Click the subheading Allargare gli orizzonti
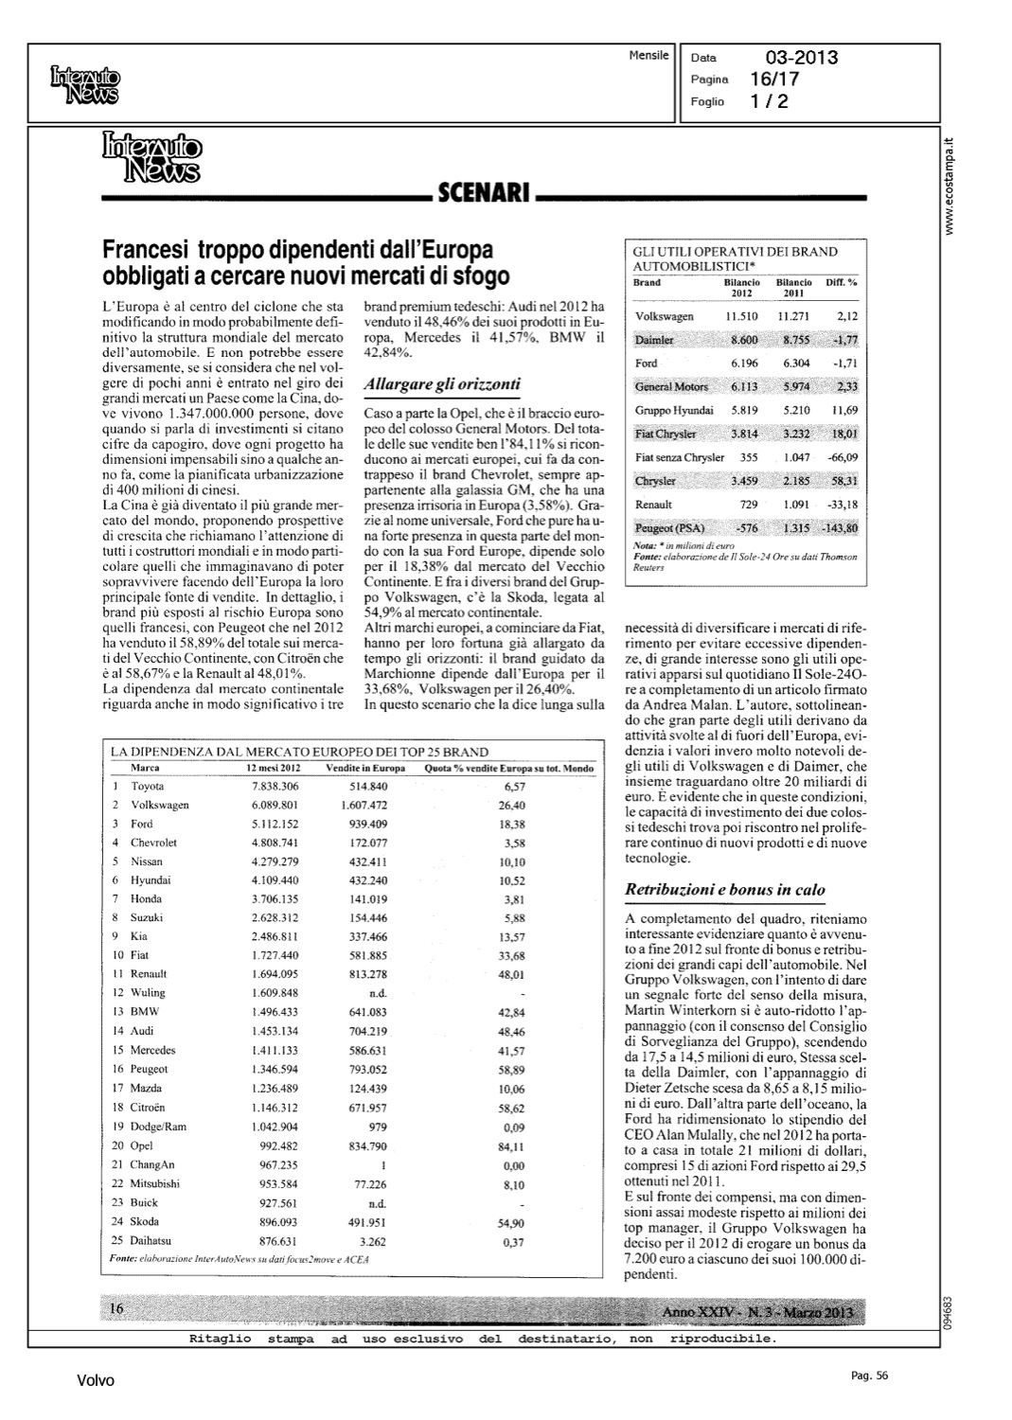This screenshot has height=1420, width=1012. pyautogui.click(x=441, y=384)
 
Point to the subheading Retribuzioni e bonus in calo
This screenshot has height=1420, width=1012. pyautogui.click(x=724, y=890)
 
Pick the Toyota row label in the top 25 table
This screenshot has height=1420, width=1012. pyautogui.click(x=148, y=787)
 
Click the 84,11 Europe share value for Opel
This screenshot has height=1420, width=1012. pyautogui.click(x=511, y=1146)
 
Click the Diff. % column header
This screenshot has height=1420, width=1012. pyautogui.click(x=841, y=282)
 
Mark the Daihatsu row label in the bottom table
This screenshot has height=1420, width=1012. pyautogui.click(x=152, y=1240)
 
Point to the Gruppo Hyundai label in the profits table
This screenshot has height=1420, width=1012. pyautogui.click(x=674, y=410)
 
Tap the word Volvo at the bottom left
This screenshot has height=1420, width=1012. pyautogui.click(x=96, y=1381)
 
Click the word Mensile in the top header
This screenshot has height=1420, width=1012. pyautogui.click(x=648, y=56)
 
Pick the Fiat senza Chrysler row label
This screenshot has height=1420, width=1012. pyautogui.click(x=679, y=457)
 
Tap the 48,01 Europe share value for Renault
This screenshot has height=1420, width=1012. pyautogui.click(x=511, y=974)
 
